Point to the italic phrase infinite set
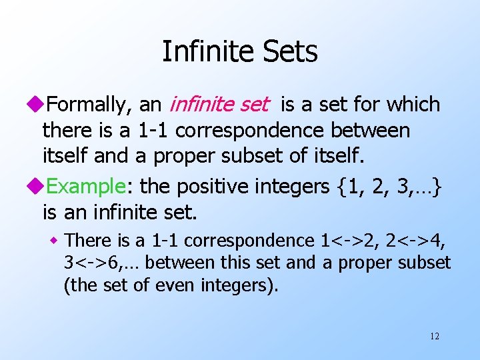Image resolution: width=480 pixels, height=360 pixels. [x=219, y=105]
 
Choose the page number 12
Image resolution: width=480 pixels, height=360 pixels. [x=435, y=336]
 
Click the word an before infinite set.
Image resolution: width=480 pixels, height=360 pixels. [x=150, y=105]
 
